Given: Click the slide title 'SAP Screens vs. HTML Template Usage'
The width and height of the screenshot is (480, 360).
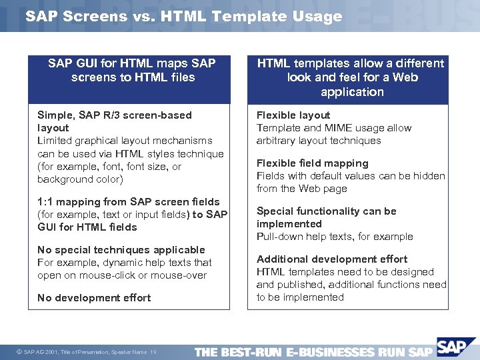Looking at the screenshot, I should pos(183,17).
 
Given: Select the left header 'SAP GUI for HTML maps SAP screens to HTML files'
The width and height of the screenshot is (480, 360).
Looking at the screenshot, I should pos(132,70).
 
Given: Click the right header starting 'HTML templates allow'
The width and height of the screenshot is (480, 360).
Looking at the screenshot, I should pos(351,77).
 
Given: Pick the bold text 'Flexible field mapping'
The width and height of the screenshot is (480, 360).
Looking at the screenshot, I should pos(312,163).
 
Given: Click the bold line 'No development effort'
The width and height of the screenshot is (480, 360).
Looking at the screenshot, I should pos(94,298).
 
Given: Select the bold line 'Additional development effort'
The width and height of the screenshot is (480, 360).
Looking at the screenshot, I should pos(332,259).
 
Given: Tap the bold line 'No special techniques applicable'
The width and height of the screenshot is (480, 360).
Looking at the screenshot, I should pos(121,250).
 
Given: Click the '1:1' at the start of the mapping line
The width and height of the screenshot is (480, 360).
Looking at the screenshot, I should pos(45,202).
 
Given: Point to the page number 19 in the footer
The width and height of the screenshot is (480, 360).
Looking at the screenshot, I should pos(153,352).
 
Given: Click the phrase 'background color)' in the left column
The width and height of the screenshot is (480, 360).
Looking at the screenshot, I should pos(80,179).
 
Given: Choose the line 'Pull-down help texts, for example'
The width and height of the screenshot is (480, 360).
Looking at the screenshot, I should pos(335,237).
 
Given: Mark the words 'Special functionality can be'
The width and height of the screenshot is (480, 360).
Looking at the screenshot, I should pos(327,211).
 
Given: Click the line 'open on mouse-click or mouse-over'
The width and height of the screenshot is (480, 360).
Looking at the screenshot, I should pos(122,275).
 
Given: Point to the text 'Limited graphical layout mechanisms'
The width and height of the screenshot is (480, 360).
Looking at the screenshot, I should pos(125,141).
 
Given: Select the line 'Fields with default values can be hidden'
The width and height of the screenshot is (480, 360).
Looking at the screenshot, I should pos(351,176).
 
